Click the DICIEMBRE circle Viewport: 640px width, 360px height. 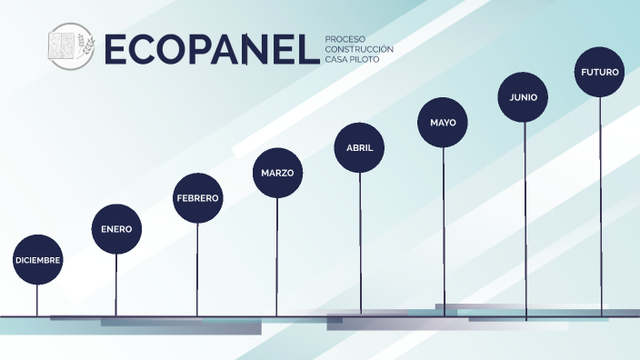pyautogui.click(x=37, y=260)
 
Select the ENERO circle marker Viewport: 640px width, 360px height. pyautogui.click(x=116, y=229)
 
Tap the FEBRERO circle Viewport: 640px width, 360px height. pyautogui.click(x=197, y=197)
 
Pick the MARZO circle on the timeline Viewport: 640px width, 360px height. pyautogui.click(x=277, y=172)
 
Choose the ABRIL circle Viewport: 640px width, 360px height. pyautogui.click(x=359, y=147)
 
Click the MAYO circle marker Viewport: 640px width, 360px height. pyautogui.click(x=443, y=122)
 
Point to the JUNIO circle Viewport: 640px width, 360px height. pyautogui.click(x=524, y=96)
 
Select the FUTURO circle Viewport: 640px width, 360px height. pyautogui.click(x=600, y=71)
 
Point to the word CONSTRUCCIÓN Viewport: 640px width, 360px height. pyautogui.click(x=359, y=49)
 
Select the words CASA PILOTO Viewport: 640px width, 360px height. pyautogui.click(x=352, y=59)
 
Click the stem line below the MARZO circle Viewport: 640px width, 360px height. pyautogui.click(x=277, y=255)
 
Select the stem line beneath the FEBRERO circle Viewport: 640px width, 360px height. pyautogui.click(x=197, y=268)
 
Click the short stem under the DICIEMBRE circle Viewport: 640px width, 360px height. pyautogui.click(x=37, y=300)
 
